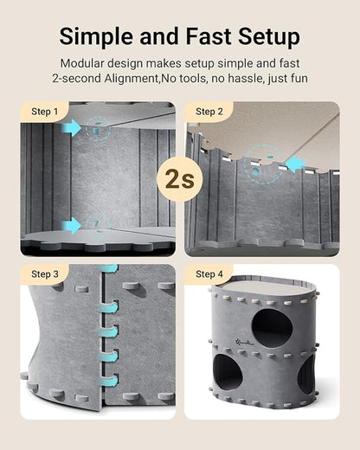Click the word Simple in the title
96,36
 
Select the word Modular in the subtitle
87,63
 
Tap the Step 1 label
44,112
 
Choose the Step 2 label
209,112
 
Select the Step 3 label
44,274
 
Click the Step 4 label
209,274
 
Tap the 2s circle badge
180,179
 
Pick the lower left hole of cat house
228,378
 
